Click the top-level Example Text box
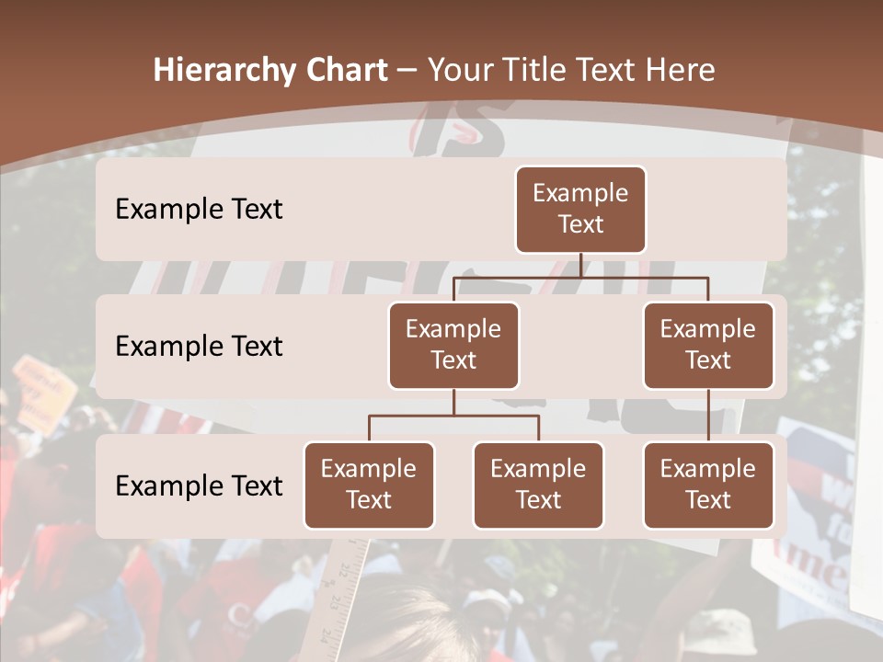580,209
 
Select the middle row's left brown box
453,345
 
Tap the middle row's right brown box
708,345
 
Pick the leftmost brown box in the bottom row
369,485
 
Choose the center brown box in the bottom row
538,485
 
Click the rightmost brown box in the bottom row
708,485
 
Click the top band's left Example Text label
199,210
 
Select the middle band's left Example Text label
199,347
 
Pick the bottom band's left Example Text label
199,486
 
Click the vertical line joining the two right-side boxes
708,416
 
